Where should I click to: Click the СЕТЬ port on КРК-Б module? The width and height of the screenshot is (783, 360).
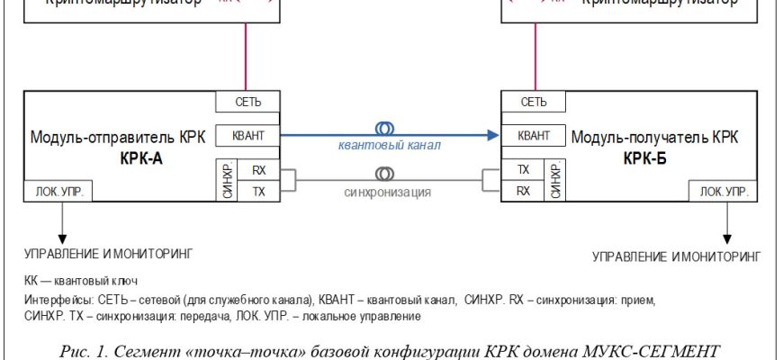pos(534,102)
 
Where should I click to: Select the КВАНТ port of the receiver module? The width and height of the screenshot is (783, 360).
pos(534,136)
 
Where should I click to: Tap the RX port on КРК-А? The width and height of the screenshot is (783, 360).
pos(258,169)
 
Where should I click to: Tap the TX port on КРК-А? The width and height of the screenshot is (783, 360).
pos(258,190)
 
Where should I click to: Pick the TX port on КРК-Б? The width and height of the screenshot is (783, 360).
pos(523,169)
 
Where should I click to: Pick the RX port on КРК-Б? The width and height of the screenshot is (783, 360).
pos(523,190)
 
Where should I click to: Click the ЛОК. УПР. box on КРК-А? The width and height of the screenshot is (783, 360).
pos(59,192)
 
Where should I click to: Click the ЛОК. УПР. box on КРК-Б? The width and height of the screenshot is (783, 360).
pos(723,192)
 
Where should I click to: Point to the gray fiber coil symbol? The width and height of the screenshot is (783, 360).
pos(384,171)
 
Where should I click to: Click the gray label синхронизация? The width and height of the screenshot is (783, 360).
pos(387,192)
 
